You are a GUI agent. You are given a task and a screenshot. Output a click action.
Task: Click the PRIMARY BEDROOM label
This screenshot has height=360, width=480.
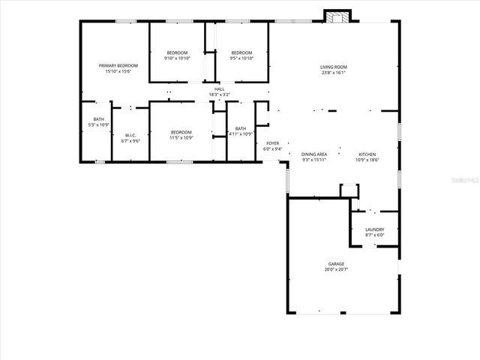pos(118,66)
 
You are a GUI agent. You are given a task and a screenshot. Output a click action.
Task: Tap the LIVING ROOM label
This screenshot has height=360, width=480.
pos(334,67)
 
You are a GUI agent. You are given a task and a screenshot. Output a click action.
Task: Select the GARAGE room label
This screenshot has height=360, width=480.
pos(335,264)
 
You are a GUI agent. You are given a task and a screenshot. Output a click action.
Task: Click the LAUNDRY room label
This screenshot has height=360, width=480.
pos(375,229)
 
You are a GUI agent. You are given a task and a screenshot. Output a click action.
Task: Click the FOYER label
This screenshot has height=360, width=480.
pos(272,143)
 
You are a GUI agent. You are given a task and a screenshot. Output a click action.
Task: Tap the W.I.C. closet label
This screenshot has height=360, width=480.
pos(130,135)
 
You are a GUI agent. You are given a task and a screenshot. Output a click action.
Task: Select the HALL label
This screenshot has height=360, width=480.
pos(219,89)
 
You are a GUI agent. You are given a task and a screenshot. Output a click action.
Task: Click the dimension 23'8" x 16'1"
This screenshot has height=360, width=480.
pos(334,73)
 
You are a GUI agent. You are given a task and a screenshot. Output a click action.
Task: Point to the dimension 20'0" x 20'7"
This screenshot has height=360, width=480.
pos(335,269)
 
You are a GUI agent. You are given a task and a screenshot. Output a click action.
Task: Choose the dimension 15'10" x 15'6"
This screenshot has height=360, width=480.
pos(118,71)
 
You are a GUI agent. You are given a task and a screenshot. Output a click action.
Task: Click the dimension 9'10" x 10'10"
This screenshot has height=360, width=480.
pos(178,58)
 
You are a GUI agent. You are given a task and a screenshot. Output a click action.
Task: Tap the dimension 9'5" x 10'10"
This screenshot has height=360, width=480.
pos(241,58)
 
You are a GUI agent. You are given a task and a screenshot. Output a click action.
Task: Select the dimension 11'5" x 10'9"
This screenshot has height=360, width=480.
pos(181,137)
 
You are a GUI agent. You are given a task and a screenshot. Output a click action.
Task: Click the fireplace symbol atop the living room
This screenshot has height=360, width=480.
pos(336,16)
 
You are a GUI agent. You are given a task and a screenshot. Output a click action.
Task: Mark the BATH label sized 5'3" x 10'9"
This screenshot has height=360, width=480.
pos(99,119)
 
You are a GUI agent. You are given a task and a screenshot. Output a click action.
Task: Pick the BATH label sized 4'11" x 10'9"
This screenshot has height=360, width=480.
pos(241,128)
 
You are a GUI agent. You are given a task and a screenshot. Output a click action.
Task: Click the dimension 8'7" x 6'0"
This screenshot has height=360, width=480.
pos(375,235)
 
